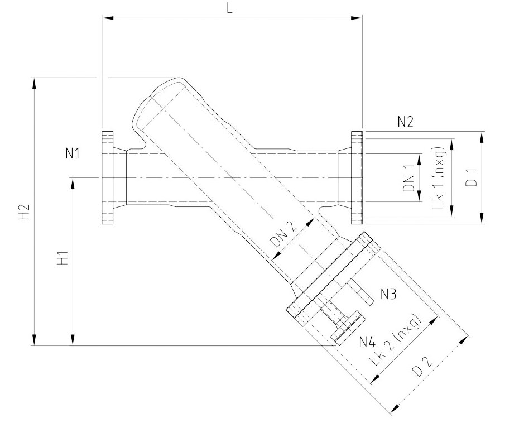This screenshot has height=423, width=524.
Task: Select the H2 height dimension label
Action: click(x=23, y=213)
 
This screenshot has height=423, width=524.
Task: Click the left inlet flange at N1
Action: click(x=108, y=178)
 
